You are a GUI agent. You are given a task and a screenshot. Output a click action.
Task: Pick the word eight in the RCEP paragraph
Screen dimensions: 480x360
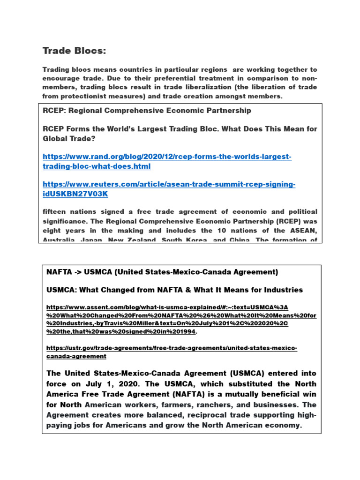52,230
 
